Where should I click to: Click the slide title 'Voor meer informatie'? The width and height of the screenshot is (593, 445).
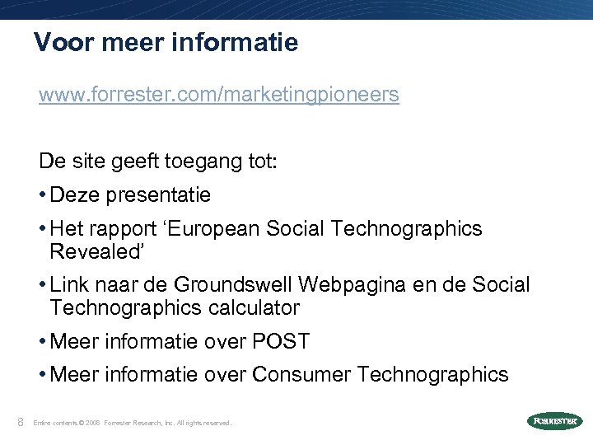click(166, 42)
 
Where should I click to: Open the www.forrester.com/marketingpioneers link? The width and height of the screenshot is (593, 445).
click(218, 96)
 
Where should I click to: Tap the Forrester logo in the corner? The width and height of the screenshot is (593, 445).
click(553, 421)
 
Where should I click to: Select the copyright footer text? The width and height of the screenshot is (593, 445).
click(132, 423)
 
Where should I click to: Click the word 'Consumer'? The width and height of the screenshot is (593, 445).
click(302, 375)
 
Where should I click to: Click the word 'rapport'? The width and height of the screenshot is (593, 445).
click(114, 229)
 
